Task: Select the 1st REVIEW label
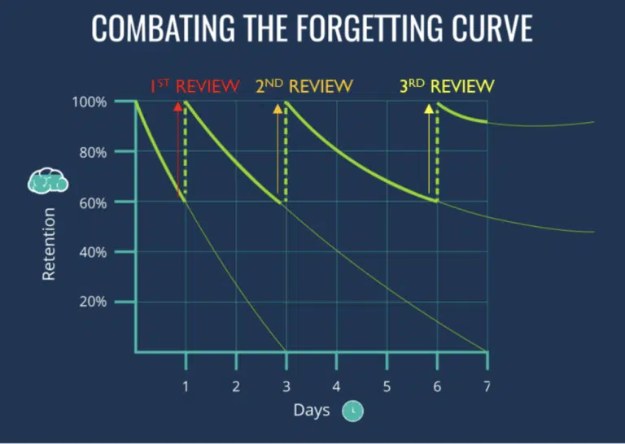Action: [x=194, y=85]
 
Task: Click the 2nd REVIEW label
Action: [x=304, y=85]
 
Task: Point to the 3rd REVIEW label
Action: [x=447, y=85]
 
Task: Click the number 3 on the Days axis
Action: [x=286, y=386]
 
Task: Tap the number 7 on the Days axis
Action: [x=487, y=386]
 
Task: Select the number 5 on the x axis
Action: [x=387, y=386]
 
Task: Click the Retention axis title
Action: [x=50, y=244]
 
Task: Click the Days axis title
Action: [x=312, y=410]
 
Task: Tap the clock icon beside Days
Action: [x=352, y=411]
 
